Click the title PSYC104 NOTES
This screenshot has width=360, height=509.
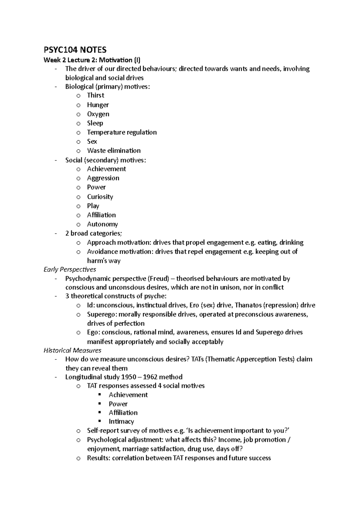click(75, 49)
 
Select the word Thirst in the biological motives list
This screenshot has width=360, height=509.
click(95, 95)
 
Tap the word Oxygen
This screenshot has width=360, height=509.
click(98, 114)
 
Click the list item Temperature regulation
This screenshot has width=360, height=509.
click(122, 132)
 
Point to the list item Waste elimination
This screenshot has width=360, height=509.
click(114, 150)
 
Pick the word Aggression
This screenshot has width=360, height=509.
click(103, 178)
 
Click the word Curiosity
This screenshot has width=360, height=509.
click(100, 197)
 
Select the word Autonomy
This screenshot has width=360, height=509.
click(102, 224)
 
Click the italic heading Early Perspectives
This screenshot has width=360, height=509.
click(70, 269)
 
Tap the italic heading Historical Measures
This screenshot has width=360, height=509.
click(72, 350)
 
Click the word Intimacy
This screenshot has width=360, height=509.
click(121, 421)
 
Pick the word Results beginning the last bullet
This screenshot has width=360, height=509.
click(98, 458)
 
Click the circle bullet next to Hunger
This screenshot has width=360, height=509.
click(78, 105)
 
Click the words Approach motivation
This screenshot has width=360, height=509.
click(119, 243)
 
